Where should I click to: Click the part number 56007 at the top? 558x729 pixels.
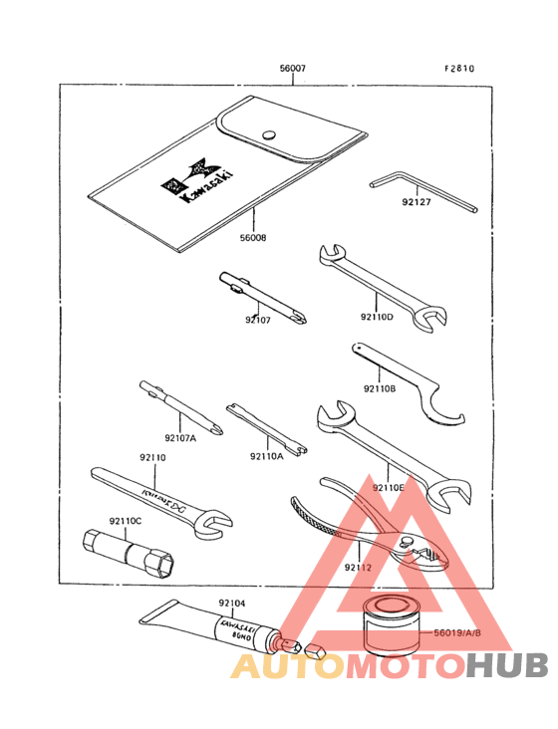[x=292, y=70]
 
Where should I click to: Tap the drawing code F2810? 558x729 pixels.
[x=459, y=70]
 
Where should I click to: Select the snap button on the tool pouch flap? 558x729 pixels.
[x=267, y=135]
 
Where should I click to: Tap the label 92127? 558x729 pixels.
[x=417, y=202]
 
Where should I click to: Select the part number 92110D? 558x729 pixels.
[x=376, y=317]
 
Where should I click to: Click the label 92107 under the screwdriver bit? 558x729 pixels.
[x=258, y=320]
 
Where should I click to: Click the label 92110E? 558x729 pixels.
[x=389, y=487]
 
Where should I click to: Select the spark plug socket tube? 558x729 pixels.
[x=131, y=550]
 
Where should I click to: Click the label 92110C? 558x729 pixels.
[x=126, y=520]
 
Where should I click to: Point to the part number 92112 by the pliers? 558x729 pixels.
[x=358, y=567]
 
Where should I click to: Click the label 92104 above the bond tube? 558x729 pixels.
[x=231, y=604]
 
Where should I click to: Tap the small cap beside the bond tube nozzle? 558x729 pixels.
[x=315, y=653]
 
